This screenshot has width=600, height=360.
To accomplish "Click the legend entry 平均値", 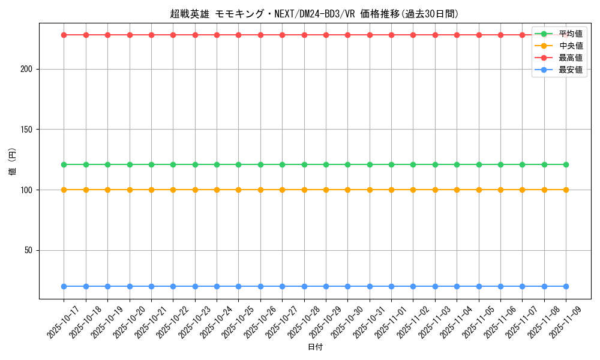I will click(x=571, y=34).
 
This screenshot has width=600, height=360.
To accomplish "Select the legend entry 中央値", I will click(x=571, y=46).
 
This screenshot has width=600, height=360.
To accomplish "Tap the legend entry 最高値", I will click(x=571, y=58).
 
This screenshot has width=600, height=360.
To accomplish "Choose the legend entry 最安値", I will click(x=571, y=70).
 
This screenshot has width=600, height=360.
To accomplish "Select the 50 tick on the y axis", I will click(x=28, y=250).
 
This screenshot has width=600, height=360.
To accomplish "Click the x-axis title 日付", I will click(x=315, y=347).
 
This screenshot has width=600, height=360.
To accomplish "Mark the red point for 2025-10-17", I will click(x=64, y=35).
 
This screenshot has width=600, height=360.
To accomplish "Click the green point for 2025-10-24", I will click(x=217, y=164).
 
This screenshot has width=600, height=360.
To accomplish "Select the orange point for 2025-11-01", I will click(x=391, y=190).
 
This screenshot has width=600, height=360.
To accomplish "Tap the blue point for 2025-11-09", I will click(x=566, y=286).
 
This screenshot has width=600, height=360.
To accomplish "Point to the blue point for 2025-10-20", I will click(x=130, y=286).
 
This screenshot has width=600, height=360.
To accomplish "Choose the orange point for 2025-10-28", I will click(x=304, y=190).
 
